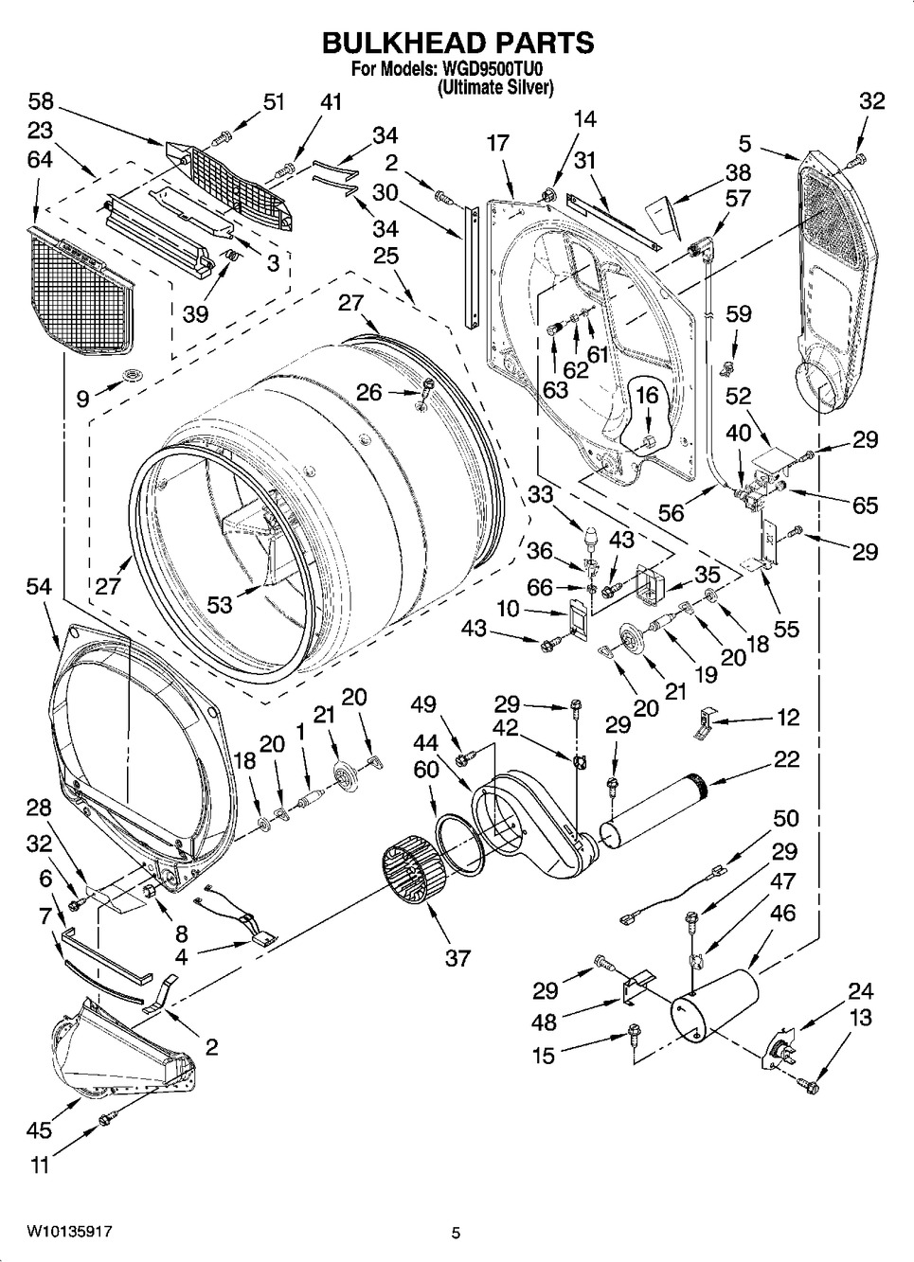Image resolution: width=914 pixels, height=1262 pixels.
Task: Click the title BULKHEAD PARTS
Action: pyautogui.click(x=457, y=43)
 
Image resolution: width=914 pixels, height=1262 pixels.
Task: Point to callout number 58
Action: pyautogui.click(x=41, y=102)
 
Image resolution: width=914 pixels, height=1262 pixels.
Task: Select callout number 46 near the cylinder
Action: pyautogui.click(x=783, y=914)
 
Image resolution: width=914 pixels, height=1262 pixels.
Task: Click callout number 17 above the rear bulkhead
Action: pyautogui.click(x=498, y=143)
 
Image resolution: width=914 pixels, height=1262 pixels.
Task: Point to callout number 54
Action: pyautogui.click(x=39, y=587)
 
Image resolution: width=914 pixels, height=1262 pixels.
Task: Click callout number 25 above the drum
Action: pyautogui.click(x=385, y=256)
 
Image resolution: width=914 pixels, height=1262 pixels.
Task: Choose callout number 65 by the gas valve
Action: pyautogui.click(x=865, y=506)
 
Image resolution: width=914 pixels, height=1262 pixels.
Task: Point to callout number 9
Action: pyautogui.click(x=82, y=400)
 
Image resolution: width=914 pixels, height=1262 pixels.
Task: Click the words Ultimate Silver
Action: pyautogui.click(x=496, y=88)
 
